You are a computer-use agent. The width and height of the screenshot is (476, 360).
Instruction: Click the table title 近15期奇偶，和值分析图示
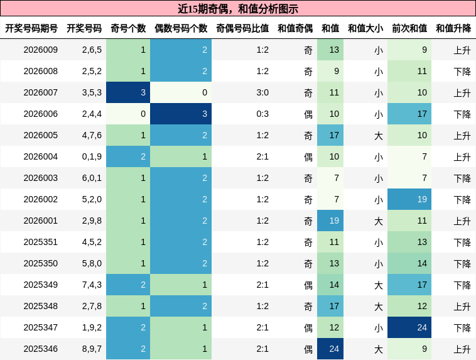238,9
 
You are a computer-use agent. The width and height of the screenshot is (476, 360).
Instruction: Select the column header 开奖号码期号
31,28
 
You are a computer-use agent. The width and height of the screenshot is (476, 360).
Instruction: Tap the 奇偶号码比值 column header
242,28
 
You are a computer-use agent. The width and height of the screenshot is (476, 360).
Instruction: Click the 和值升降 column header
453,28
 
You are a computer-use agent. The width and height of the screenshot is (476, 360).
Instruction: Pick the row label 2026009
40,50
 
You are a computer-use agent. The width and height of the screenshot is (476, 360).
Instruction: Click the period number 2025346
40,349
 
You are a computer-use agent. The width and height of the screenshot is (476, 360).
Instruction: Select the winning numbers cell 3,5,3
92,92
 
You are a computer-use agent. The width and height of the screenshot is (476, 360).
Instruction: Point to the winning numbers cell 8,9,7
92,349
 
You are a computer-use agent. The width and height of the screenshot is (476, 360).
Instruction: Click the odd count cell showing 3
128,92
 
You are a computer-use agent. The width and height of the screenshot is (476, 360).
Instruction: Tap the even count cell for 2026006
181,114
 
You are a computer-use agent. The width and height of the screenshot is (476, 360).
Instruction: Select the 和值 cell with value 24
330,349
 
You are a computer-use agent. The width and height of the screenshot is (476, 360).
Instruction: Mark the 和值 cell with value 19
330,221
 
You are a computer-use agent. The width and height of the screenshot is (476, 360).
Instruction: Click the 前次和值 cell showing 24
409,327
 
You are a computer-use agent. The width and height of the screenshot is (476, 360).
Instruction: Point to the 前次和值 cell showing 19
409,199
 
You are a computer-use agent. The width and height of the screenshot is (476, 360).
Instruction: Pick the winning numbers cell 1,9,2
92,327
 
